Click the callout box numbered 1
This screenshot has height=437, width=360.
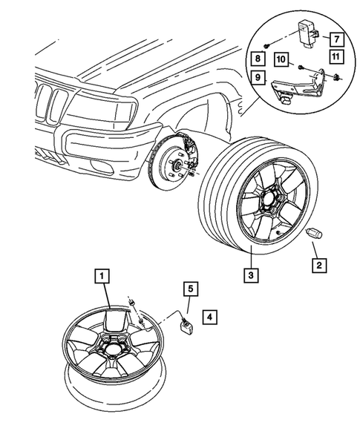tap(102, 277)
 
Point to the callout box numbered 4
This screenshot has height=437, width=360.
tap(210, 317)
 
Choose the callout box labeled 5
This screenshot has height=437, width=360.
tap(190, 288)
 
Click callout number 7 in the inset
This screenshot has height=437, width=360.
tap(335, 38)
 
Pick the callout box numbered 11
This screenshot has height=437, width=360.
tap(335, 58)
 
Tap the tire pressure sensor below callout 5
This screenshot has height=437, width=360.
tap(187, 325)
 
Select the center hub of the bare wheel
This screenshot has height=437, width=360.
tap(112, 346)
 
